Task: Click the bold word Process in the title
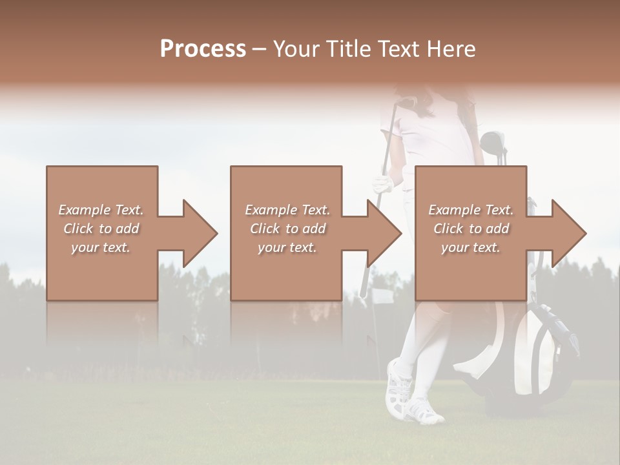pos(203,49)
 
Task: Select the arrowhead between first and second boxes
pos(197,233)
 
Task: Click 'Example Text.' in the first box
pos(101,210)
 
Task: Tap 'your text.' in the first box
pos(101,247)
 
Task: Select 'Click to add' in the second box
pos(287,229)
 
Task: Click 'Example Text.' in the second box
pos(287,210)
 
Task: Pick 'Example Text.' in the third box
pos(471,210)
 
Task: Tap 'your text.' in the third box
pos(471,247)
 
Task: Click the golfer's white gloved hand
pos(383,185)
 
